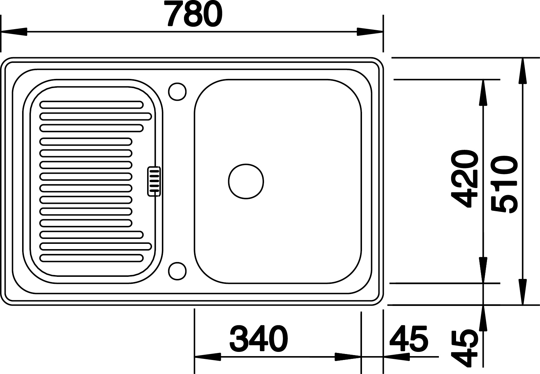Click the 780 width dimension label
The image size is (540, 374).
(195, 13)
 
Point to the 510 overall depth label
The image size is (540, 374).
(505, 184)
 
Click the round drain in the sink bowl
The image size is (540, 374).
(246, 181)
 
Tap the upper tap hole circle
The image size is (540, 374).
(177, 92)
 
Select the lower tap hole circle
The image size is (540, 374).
(177, 271)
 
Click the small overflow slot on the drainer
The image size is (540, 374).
(154, 181)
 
